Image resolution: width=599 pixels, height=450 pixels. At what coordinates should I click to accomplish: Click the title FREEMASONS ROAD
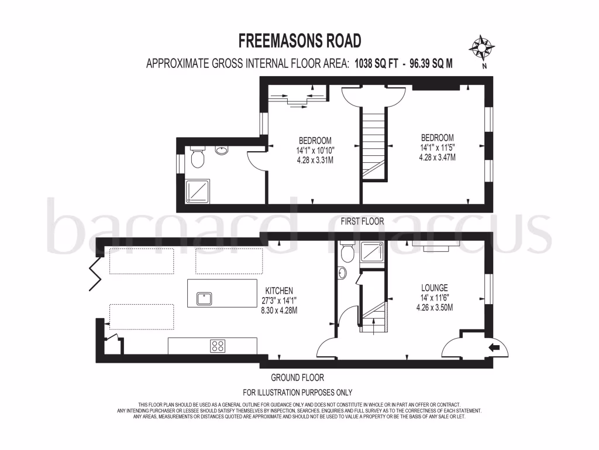[299, 40]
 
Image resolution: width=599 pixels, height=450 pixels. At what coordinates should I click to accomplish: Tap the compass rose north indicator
[483, 48]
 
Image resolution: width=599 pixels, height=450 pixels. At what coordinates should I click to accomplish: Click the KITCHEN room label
[279, 291]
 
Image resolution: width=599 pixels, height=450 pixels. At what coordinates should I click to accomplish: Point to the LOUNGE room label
[435, 288]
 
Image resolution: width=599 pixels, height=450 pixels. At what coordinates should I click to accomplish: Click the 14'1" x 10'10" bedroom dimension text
[315, 150]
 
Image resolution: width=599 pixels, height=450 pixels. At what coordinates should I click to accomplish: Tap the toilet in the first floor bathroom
[197, 158]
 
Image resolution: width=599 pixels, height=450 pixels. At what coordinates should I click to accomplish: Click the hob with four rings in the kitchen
[218, 346]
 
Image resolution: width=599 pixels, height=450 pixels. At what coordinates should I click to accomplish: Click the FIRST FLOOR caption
[362, 221]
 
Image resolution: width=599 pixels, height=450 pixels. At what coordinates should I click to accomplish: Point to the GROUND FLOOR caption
[297, 378]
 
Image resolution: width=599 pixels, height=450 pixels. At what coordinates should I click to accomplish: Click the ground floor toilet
[347, 252]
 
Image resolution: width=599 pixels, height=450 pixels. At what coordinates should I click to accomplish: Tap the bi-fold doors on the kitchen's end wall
[93, 276]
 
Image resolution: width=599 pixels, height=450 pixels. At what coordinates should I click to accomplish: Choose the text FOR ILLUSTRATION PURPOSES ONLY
[297, 393]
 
